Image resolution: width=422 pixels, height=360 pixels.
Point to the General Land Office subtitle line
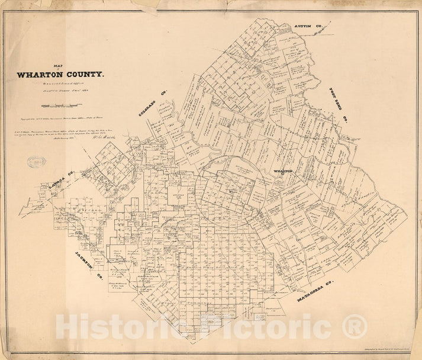(x=60, y=83)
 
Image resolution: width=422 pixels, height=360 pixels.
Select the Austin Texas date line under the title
(x=60, y=90)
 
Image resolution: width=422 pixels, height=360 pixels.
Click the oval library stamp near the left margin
(x=37, y=161)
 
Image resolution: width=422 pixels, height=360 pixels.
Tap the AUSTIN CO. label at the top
(x=308, y=27)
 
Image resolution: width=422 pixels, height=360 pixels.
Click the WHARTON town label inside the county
(x=282, y=171)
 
